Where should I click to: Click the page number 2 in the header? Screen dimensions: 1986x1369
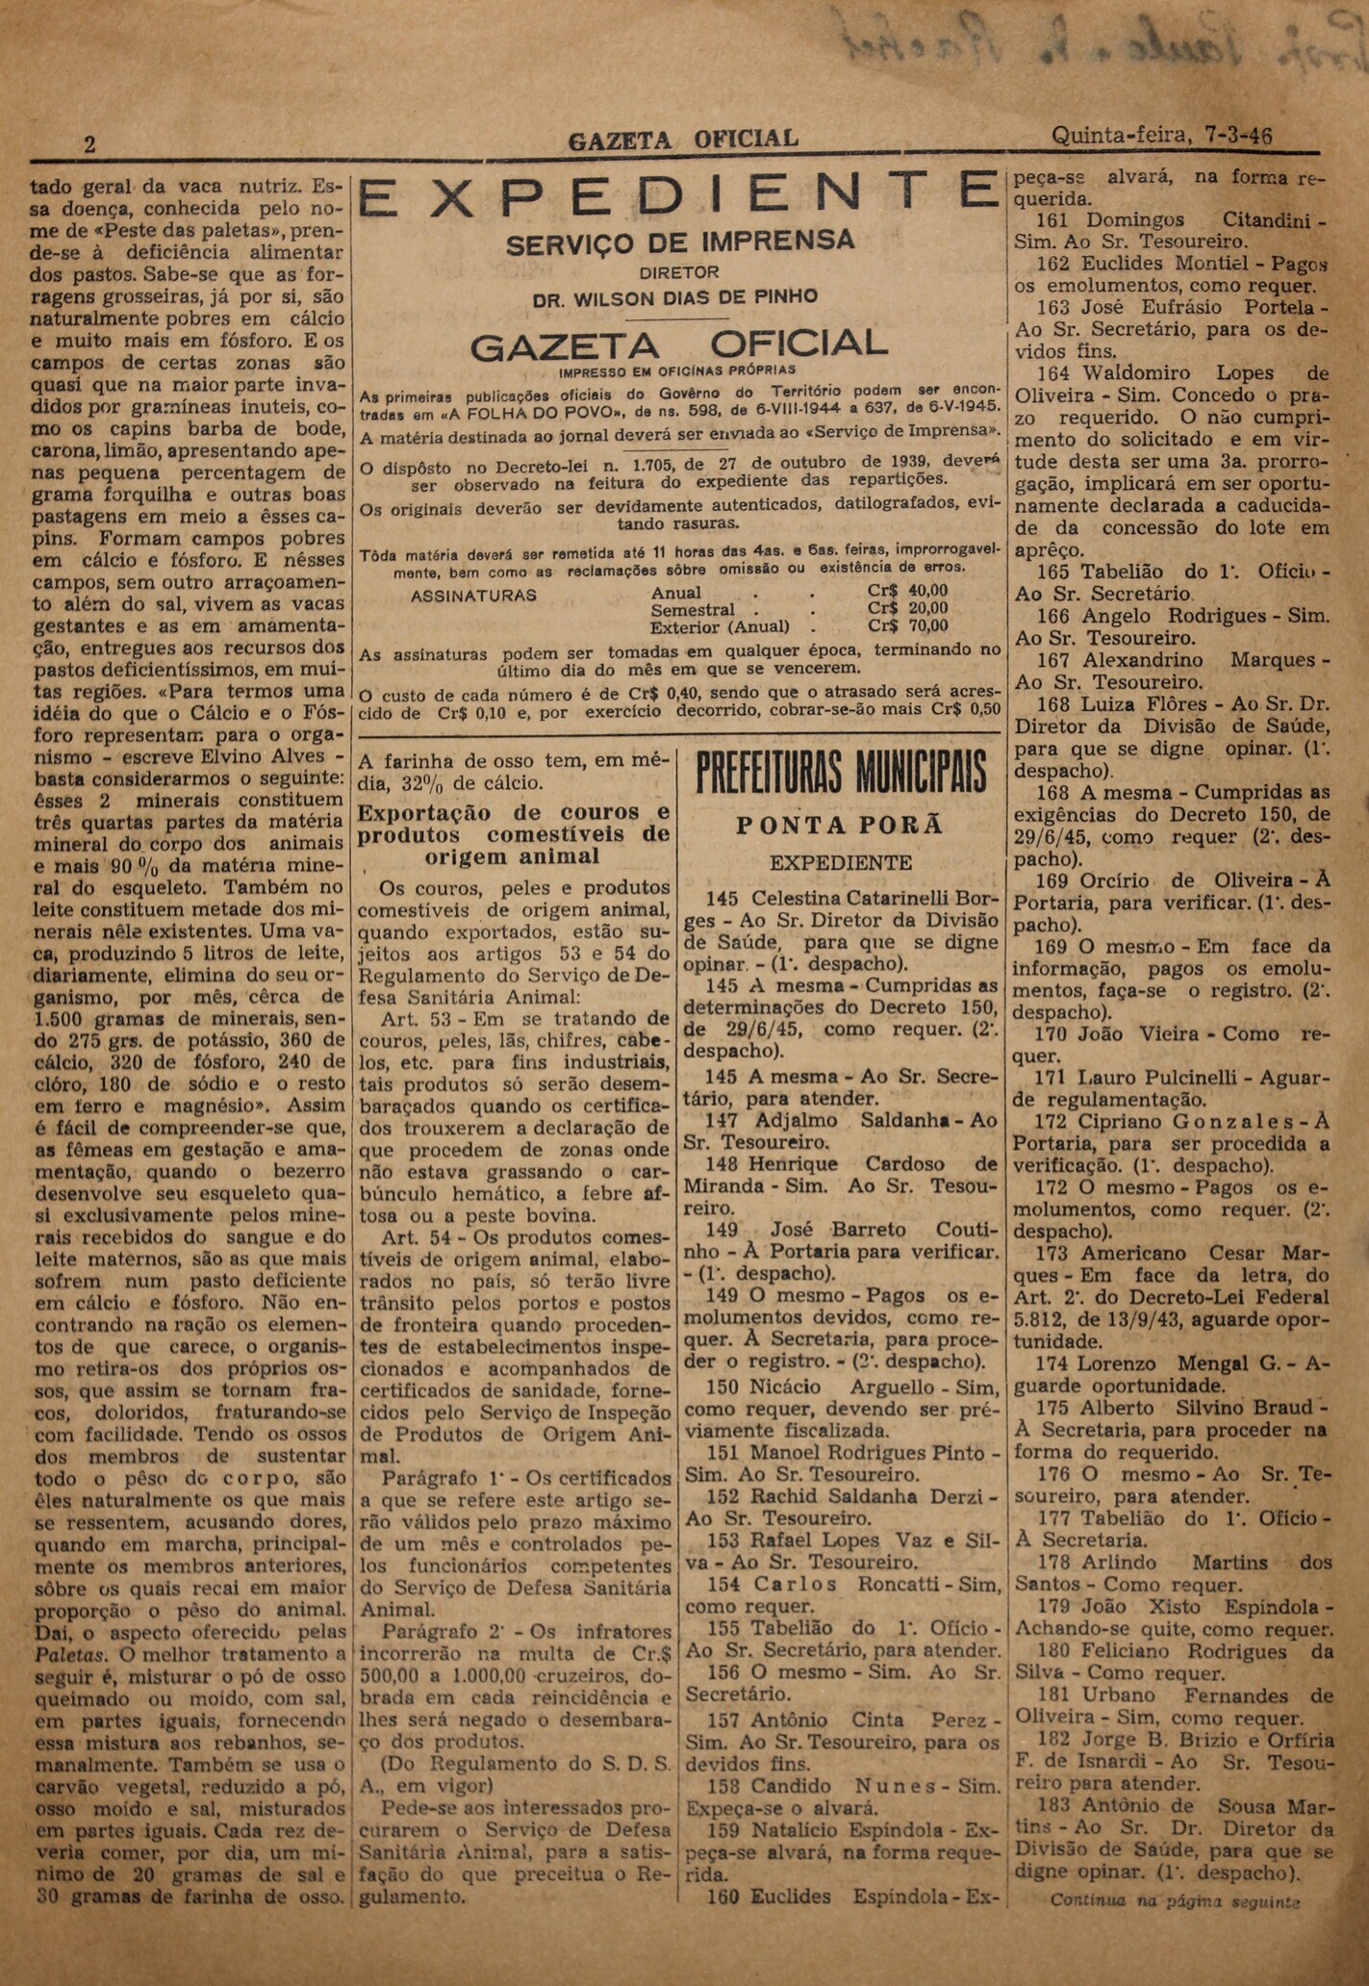point(89,144)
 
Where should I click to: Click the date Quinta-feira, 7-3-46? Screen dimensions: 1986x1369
point(1163,136)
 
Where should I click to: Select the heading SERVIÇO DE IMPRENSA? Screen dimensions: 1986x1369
point(680,241)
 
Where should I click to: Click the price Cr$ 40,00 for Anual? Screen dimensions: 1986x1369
point(907,591)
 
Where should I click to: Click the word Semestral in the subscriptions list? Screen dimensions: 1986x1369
point(693,609)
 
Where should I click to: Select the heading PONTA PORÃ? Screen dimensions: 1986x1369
point(840,825)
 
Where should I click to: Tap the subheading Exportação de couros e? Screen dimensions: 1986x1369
point(513,811)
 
